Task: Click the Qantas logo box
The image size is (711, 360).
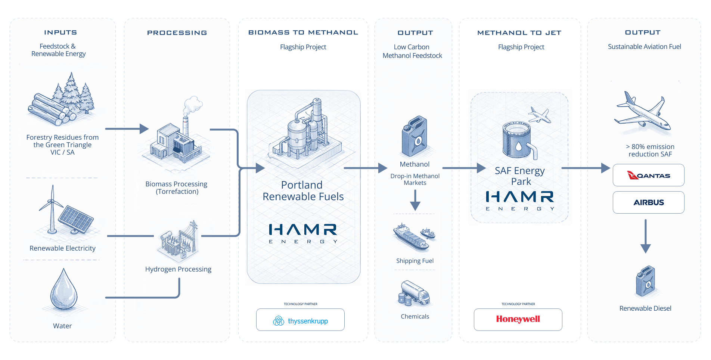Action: point(648,175)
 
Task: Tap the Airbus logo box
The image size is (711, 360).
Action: point(648,202)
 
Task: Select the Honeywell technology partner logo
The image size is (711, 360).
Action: point(518,319)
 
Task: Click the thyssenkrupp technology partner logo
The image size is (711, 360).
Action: point(300,320)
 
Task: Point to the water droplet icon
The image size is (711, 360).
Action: point(64,289)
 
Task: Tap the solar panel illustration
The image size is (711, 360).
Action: point(76,220)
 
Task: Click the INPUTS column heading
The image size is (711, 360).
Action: point(60,32)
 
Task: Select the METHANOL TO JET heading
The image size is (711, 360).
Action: point(519,33)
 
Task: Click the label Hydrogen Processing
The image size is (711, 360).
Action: point(178,269)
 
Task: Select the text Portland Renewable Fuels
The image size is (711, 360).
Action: point(303,191)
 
